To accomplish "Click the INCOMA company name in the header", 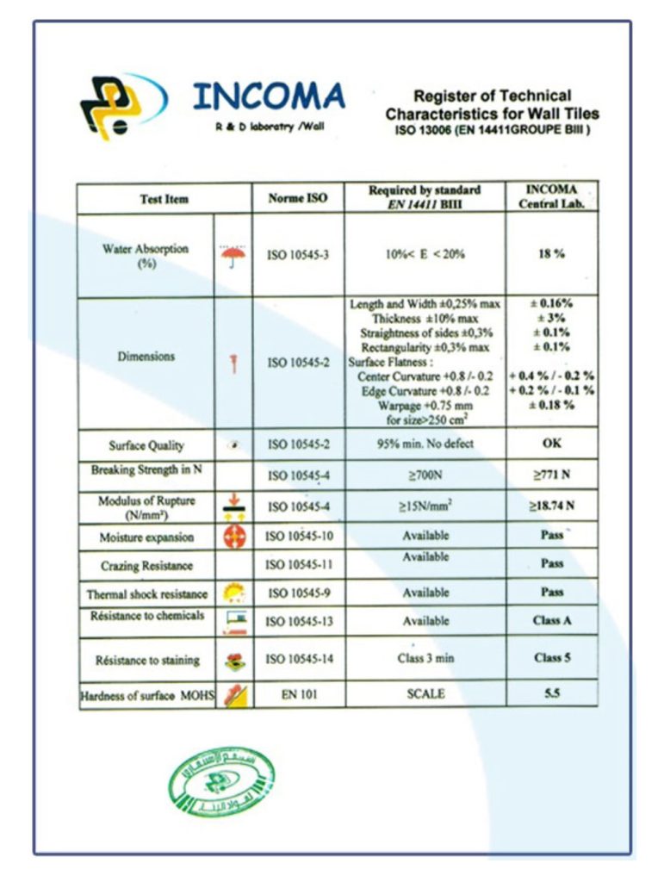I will (268, 97).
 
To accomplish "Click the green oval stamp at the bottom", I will (221, 782).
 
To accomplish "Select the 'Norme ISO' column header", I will (298, 198).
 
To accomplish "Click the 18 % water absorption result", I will (551, 255).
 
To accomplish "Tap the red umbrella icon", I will (233, 256).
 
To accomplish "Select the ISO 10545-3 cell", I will (298, 256).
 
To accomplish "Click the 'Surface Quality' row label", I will (146, 446).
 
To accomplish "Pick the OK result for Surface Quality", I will (551, 444).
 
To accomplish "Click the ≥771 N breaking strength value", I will (551, 475).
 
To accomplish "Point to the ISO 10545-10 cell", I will (298, 537).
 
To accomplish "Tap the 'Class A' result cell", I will (551, 620).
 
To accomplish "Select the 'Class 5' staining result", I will (551, 658).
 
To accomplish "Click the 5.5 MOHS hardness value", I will (551, 693).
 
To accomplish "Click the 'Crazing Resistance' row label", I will (146, 566).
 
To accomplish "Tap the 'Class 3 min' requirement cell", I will (425, 659).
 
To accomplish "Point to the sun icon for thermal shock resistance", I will (233, 593).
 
